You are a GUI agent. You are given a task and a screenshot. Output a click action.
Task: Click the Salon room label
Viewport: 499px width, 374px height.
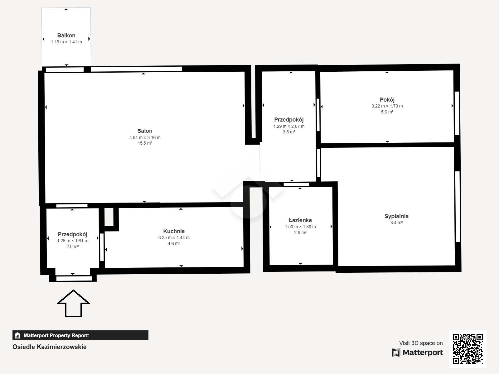tap(145, 131)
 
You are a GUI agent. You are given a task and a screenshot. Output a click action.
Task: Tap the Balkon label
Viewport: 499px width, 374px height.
tap(66, 36)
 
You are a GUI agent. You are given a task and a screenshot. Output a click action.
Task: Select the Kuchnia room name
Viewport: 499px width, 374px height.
tap(174, 231)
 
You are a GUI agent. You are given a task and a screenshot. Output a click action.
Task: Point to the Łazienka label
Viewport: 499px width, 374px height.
tap(300, 220)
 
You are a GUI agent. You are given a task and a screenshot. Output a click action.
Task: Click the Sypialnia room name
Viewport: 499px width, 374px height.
tap(396, 216)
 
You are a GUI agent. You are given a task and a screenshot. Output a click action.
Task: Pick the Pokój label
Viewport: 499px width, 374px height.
tap(387, 99)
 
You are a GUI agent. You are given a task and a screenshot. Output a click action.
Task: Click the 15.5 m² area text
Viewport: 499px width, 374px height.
tap(145, 143)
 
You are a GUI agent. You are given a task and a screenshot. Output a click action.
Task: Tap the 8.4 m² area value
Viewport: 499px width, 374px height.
tap(396, 223)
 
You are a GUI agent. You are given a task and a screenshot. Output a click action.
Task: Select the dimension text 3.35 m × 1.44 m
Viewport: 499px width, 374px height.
tap(174, 237)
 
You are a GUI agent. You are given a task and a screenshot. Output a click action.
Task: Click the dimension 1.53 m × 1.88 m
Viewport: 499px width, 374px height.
tap(300, 227)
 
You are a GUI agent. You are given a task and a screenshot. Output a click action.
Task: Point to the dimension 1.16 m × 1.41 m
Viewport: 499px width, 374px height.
tap(66, 42)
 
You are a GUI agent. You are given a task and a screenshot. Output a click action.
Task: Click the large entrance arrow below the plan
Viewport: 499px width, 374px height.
tap(73, 303)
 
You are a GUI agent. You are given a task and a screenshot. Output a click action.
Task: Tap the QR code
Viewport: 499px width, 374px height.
tap(468, 349)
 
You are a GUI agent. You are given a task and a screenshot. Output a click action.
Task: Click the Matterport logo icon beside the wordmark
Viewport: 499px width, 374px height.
tap(396, 352)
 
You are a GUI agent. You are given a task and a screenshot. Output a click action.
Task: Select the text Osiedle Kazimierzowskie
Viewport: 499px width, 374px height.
tap(49, 347)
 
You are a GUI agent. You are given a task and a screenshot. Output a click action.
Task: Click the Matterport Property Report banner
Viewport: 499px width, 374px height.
tap(80, 335)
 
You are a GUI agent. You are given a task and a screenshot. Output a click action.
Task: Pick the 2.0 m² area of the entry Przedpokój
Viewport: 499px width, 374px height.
tap(73, 247)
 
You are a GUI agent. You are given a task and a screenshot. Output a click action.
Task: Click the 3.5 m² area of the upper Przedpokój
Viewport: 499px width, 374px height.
tap(289, 132)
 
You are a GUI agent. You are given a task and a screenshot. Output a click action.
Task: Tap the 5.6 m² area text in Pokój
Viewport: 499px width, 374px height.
tap(387, 112)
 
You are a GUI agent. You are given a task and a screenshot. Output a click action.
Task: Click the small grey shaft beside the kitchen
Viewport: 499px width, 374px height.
tap(109, 217)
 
